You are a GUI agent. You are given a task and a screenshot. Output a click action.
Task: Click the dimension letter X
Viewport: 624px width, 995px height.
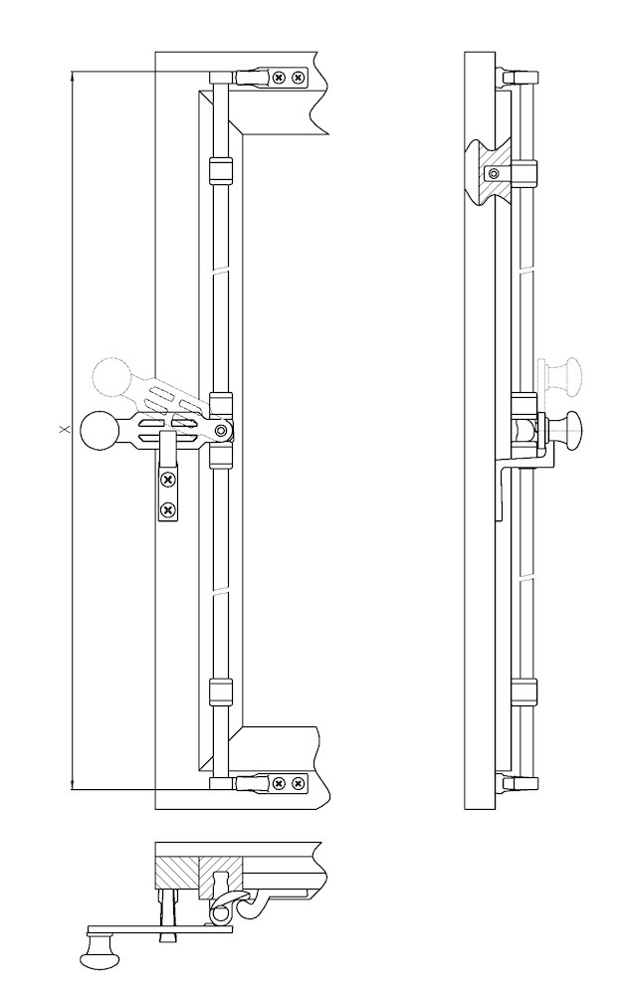63,430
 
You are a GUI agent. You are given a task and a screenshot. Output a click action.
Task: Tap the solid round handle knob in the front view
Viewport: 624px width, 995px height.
100,431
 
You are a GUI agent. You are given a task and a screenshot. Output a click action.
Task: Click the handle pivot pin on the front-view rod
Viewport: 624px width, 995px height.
220,431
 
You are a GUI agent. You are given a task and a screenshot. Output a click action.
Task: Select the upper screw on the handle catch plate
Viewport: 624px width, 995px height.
167,480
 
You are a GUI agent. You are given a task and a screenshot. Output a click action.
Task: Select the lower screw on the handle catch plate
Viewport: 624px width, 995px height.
167,508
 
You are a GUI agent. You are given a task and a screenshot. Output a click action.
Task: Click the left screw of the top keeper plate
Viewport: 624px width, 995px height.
279,78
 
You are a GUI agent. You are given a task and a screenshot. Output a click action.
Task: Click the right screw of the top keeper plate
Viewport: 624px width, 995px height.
298,78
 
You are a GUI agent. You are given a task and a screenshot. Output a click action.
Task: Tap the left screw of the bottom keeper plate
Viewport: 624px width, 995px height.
278,784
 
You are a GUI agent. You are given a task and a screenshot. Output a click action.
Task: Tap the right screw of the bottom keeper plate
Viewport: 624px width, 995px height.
297,784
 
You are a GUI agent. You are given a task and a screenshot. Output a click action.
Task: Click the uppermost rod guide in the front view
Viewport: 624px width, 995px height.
221,169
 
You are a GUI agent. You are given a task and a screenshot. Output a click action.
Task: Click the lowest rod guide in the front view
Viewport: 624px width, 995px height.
221,692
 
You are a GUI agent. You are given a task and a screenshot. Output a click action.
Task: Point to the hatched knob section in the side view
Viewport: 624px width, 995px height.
492,172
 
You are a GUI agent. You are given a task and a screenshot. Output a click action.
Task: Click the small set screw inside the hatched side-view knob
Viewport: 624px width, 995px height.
495,172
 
